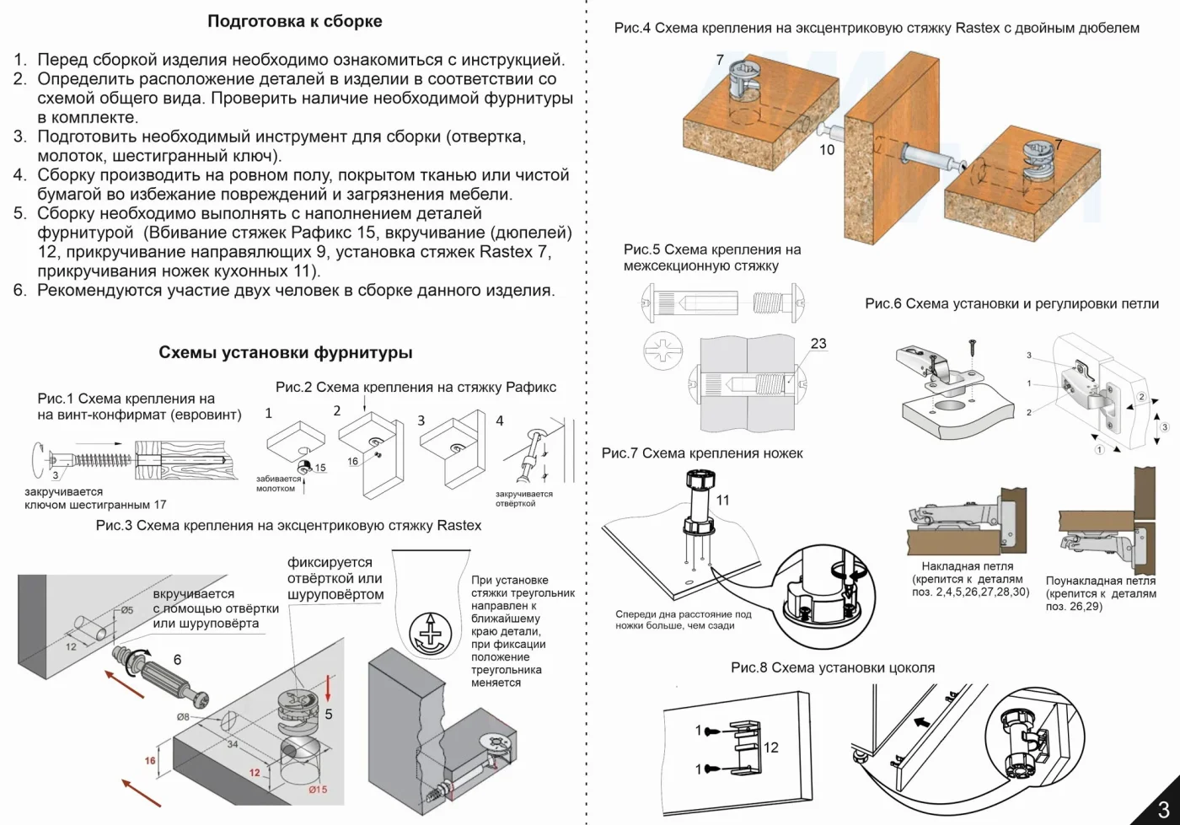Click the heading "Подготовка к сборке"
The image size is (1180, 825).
point(295,21)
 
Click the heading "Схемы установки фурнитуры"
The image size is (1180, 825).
point(286,353)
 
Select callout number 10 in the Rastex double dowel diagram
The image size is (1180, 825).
point(827,150)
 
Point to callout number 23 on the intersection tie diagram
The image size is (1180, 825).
point(818,344)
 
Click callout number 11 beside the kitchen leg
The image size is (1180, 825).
point(723,500)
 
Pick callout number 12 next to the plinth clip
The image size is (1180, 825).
point(770,747)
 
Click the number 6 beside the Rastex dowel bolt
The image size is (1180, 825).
point(178,660)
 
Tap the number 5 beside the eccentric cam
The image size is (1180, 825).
point(329,715)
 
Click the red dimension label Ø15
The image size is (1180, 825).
point(318,789)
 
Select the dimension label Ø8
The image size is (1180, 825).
point(183,717)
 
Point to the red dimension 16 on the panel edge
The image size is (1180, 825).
point(150,761)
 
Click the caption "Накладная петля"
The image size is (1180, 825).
point(968,566)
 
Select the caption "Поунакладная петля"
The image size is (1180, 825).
point(1101,581)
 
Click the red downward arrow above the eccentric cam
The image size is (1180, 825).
point(328,688)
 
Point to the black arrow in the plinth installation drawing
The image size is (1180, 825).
point(921,723)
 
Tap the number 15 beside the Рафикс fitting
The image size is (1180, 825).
point(320,468)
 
